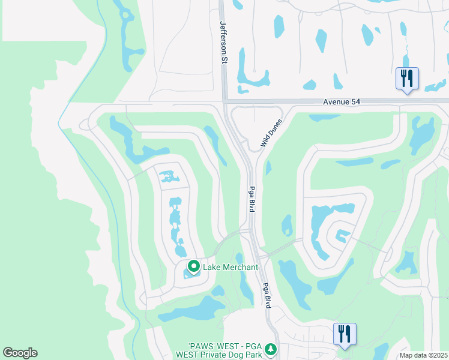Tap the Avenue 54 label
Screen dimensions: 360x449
tap(342, 102)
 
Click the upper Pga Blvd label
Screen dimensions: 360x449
tap(251, 198)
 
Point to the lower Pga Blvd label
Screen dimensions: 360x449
tap(267, 295)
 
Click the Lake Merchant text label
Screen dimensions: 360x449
tap(231, 267)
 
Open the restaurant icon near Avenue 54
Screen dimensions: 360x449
tap(407, 78)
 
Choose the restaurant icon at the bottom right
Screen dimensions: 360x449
tap(345, 334)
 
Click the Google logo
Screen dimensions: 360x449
tap(20, 353)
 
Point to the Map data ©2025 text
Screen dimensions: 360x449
tap(423, 355)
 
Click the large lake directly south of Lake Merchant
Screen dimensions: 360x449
tap(192, 308)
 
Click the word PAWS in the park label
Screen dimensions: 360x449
tap(200, 347)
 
